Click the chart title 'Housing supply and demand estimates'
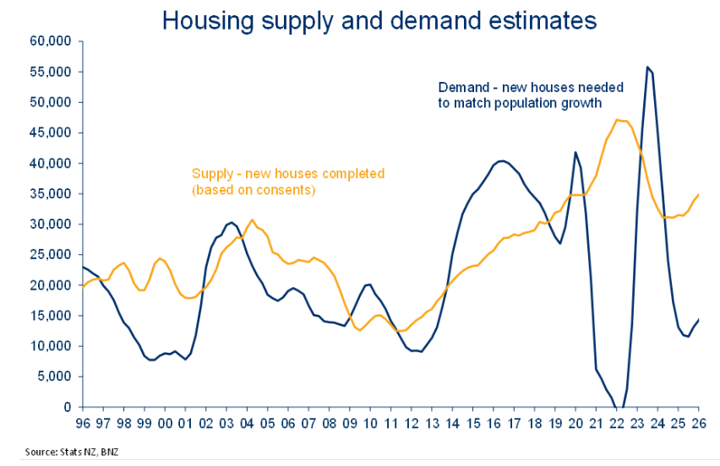(379, 20)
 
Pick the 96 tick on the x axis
(83, 422)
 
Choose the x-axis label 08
(329, 422)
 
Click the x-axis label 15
(472, 422)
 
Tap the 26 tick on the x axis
(698, 422)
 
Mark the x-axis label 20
(575, 422)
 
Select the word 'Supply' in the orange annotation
(211, 174)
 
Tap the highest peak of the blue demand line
(647, 68)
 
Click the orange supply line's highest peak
(620, 120)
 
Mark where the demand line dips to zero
(619, 407)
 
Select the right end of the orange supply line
(699, 194)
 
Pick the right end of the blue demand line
(699, 319)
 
